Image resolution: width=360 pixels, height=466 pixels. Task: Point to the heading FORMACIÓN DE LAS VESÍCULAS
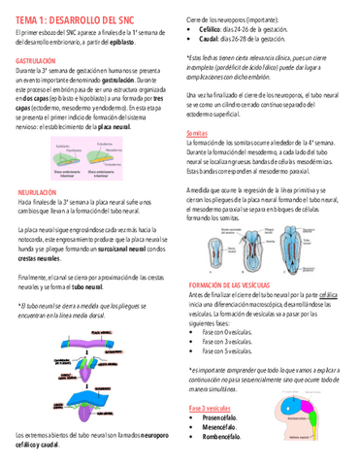[x=243, y=256]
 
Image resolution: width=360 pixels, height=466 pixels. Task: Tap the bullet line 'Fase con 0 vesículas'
[x=230, y=305]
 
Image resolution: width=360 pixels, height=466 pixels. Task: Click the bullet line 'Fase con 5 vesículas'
[x=230, y=324]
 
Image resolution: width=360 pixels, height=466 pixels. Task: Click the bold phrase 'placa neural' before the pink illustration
[x=140, y=125]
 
